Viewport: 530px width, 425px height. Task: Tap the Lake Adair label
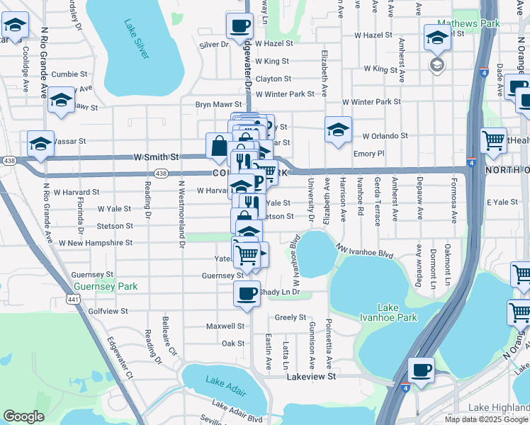coord(224,381)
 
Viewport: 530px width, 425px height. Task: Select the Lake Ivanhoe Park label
coord(397,312)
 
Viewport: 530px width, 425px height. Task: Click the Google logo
coord(23,416)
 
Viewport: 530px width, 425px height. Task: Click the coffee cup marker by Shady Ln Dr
coord(247,293)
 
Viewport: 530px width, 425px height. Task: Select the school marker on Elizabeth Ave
coord(339,130)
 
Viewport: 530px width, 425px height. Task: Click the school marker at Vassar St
coord(41,143)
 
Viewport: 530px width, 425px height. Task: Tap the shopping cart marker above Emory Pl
coord(493,139)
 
